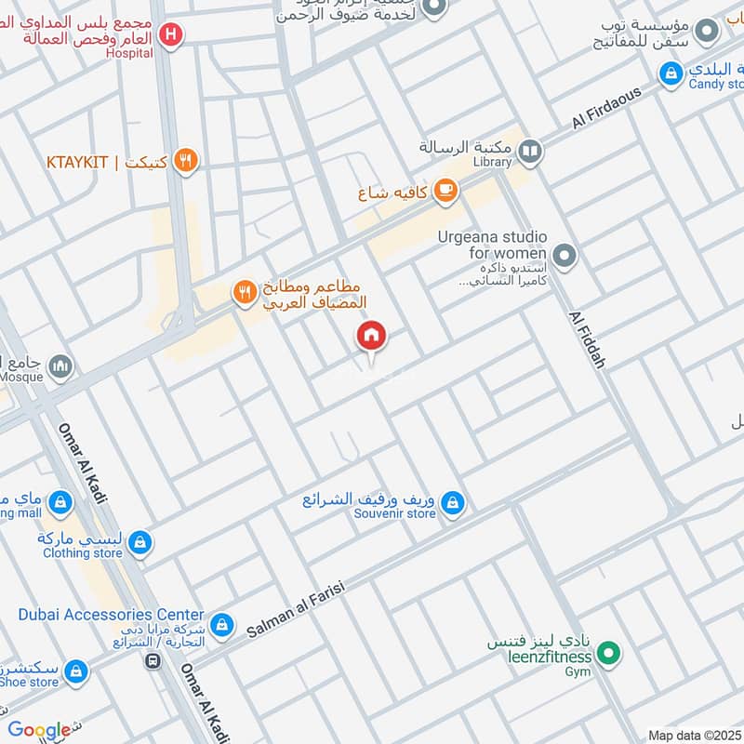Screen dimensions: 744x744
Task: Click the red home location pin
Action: [x=371, y=337]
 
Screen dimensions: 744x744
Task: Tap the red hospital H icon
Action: [x=169, y=35]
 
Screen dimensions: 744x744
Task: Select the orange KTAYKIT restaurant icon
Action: [x=187, y=162]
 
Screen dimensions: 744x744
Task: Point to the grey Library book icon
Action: [x=530, y=151]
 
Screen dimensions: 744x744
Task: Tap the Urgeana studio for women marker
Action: [x=563, y=254]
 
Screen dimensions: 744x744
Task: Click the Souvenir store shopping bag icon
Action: [x=452, y=504]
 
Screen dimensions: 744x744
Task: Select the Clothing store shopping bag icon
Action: [x=139, y=543]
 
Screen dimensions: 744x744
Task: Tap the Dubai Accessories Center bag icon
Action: [x=221, y=624]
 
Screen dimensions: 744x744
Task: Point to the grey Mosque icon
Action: [x=60, y=365]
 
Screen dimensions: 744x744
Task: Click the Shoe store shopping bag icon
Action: [x=75, y=671]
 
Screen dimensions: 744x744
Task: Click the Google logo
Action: [x=39, y=730]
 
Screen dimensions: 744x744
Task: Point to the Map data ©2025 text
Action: [x=695, y=736]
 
